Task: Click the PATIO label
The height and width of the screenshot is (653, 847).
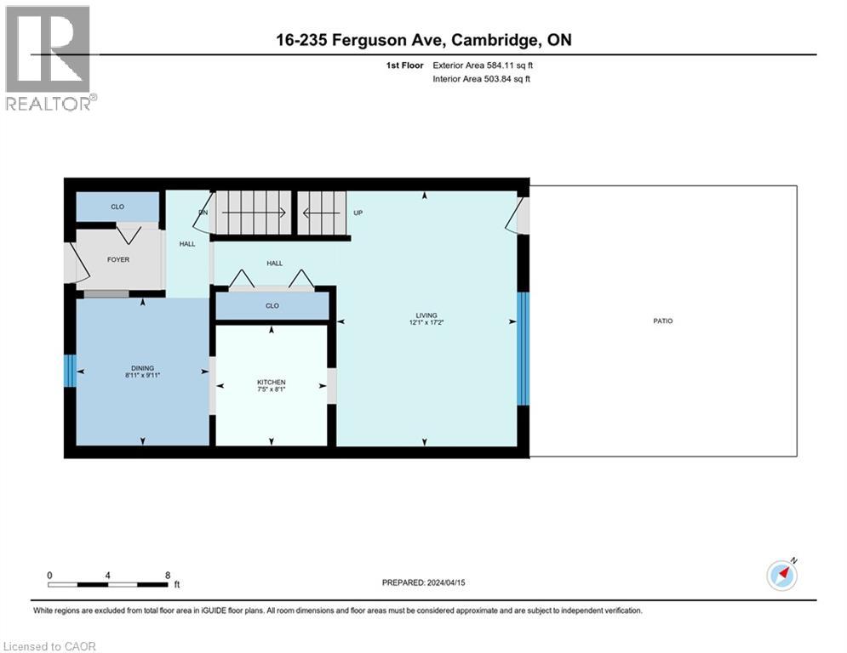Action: [663, 321]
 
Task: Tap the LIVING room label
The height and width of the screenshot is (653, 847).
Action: [426, 315]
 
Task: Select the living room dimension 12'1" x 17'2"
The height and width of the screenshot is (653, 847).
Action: [426, 323]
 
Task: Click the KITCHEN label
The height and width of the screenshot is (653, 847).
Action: [272, 383]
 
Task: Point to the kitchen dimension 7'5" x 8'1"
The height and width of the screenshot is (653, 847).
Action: [272, 390]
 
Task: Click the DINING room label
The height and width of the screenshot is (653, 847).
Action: [142, 367]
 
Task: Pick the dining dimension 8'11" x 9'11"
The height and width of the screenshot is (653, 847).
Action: [142, 375]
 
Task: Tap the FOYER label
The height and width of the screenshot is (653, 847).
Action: [118, 259]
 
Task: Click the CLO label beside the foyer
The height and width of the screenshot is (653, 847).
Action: [117, 207]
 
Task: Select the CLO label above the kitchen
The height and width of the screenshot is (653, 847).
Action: [272, 306]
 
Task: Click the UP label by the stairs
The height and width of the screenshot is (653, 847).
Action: [358, 213]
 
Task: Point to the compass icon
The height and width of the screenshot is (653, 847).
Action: [781, 576]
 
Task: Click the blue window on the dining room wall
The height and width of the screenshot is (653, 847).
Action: [71, 371]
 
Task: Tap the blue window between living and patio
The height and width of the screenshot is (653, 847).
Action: [524, 349]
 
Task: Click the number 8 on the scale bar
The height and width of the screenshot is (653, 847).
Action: [167, 575]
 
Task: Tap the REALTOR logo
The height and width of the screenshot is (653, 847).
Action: [49, 60]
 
